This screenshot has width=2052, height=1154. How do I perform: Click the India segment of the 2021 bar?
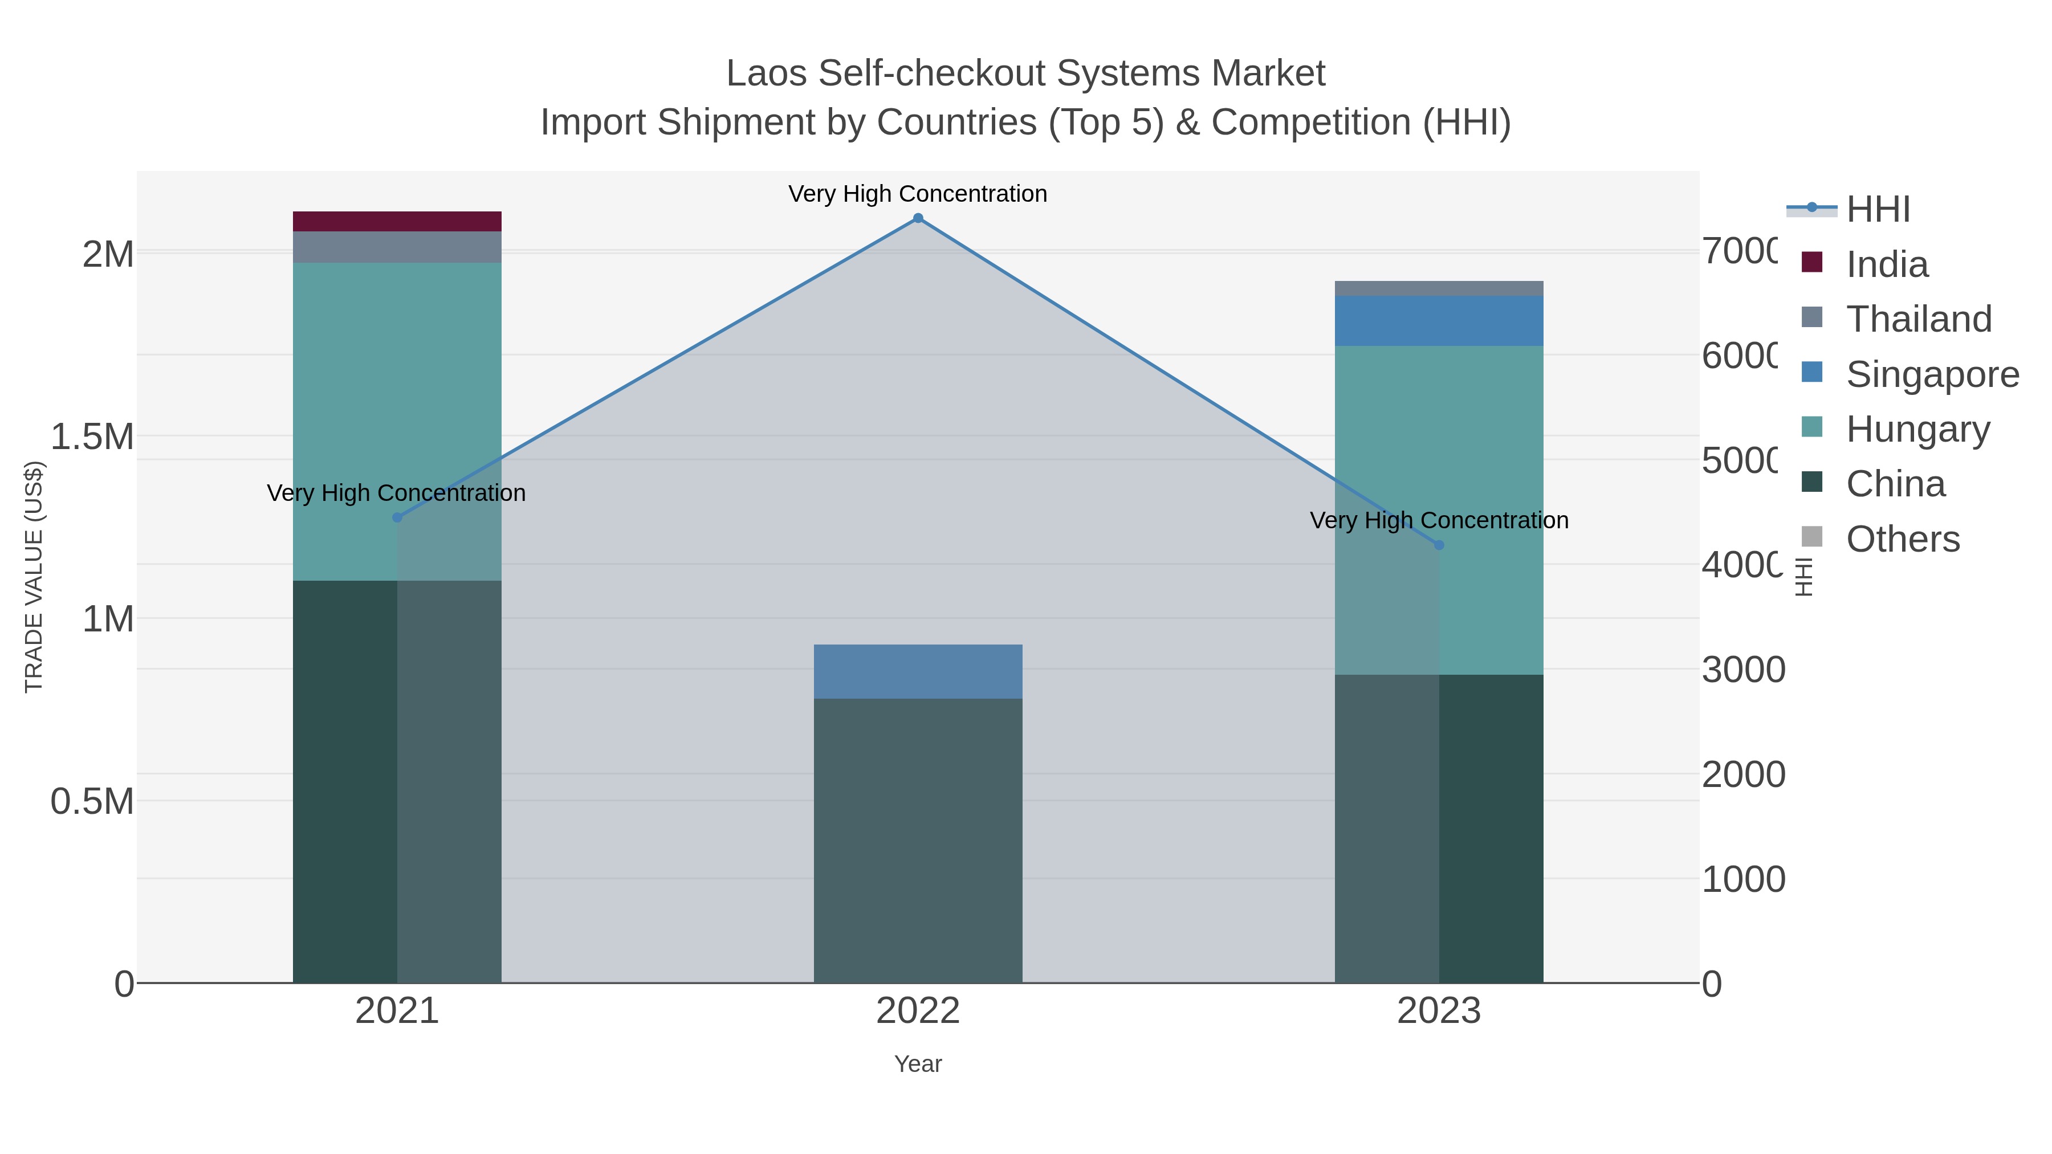pos(397,222)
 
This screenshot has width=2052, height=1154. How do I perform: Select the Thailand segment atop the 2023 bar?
pos(1438,288)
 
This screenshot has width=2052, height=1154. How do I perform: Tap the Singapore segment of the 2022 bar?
pos(918,671)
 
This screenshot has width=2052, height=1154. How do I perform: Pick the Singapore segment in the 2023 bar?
pos(1438,321)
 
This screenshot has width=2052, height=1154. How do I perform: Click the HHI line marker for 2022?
pos(918,218)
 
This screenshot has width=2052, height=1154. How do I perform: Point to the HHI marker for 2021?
pos(397,517)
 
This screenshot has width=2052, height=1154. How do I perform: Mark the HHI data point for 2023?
pos(1439,545)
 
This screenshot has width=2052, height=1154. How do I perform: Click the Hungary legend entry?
pos(1917,429)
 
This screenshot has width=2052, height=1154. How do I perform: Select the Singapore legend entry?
pos(1932,374)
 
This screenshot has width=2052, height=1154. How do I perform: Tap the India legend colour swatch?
pos(1812,262)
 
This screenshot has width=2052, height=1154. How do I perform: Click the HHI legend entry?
pos(1878,210)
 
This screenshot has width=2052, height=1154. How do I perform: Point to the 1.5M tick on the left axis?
pos(92,437)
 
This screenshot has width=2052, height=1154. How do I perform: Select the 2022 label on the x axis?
pos(918,1012)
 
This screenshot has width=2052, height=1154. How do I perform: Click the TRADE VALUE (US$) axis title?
pos(34,577)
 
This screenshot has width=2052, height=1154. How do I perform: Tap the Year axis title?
pos(918,1064)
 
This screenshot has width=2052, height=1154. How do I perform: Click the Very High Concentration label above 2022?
pos(918,194)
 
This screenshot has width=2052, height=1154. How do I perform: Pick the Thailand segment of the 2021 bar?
pos(397,247)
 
